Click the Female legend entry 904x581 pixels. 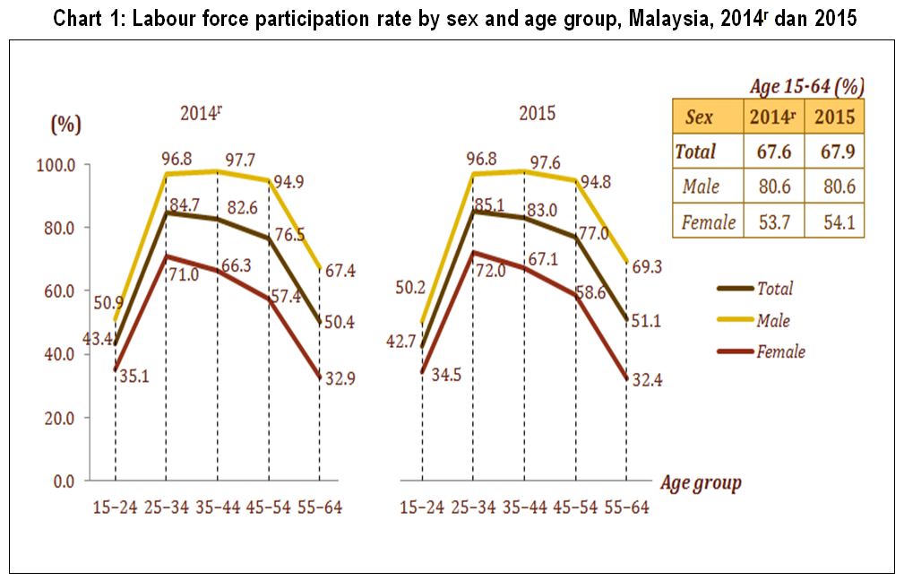(x=780, y=351)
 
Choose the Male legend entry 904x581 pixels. (x=773, y=320)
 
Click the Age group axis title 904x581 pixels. (x=701, y=483)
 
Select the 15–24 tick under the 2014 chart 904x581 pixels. (x=116, y=508)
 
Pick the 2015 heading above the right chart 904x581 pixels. (x=538, y=114)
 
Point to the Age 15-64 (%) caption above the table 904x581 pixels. (x=806, y=87)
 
